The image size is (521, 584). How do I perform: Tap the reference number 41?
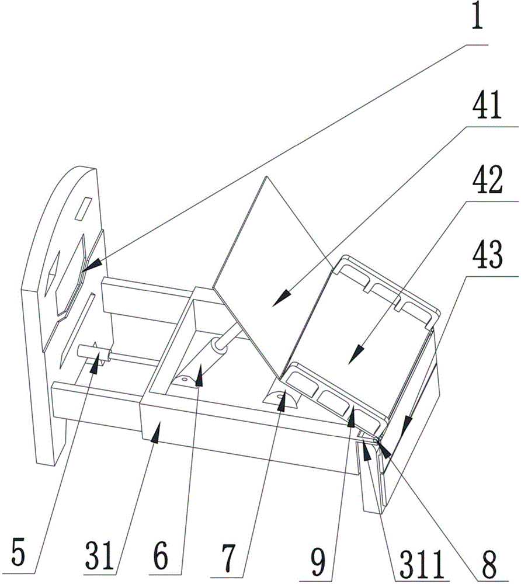(487, 106)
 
